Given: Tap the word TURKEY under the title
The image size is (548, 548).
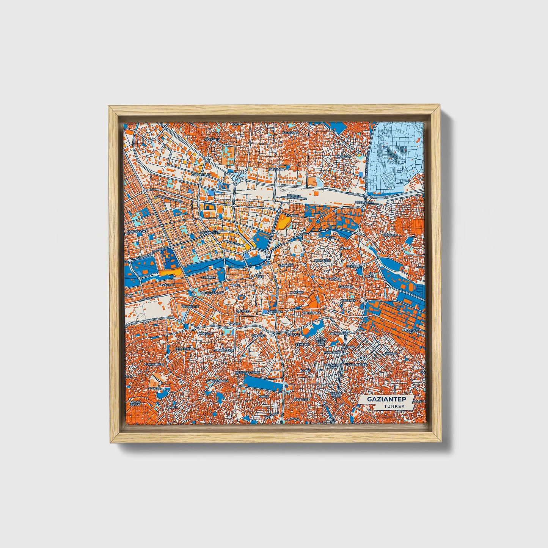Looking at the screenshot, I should click(394, 406).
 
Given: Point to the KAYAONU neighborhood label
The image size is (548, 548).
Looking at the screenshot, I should click(212, 140).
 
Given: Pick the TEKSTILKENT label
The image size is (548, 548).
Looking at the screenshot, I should click(411, 330).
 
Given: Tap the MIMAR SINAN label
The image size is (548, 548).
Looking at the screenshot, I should click(135, 403).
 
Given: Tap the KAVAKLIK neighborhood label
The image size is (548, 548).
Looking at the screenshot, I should click(166, 284).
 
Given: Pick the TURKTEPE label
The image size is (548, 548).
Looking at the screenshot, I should click(323, 261).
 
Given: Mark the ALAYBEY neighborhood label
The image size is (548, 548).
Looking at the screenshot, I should click(297, 293).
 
